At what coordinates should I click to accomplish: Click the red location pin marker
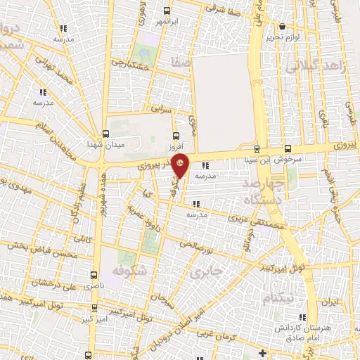(x=180, y=165)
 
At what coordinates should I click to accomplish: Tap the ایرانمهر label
(x=168, y=22)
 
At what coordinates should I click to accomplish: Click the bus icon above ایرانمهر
(x=167, y=11)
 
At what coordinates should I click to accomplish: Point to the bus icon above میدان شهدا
(x=105, y=134)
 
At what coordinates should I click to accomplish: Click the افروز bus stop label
(x=175, y=148)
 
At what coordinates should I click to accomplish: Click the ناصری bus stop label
(x=93, y=287)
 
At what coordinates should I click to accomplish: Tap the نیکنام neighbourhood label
(x=278, y=298)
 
